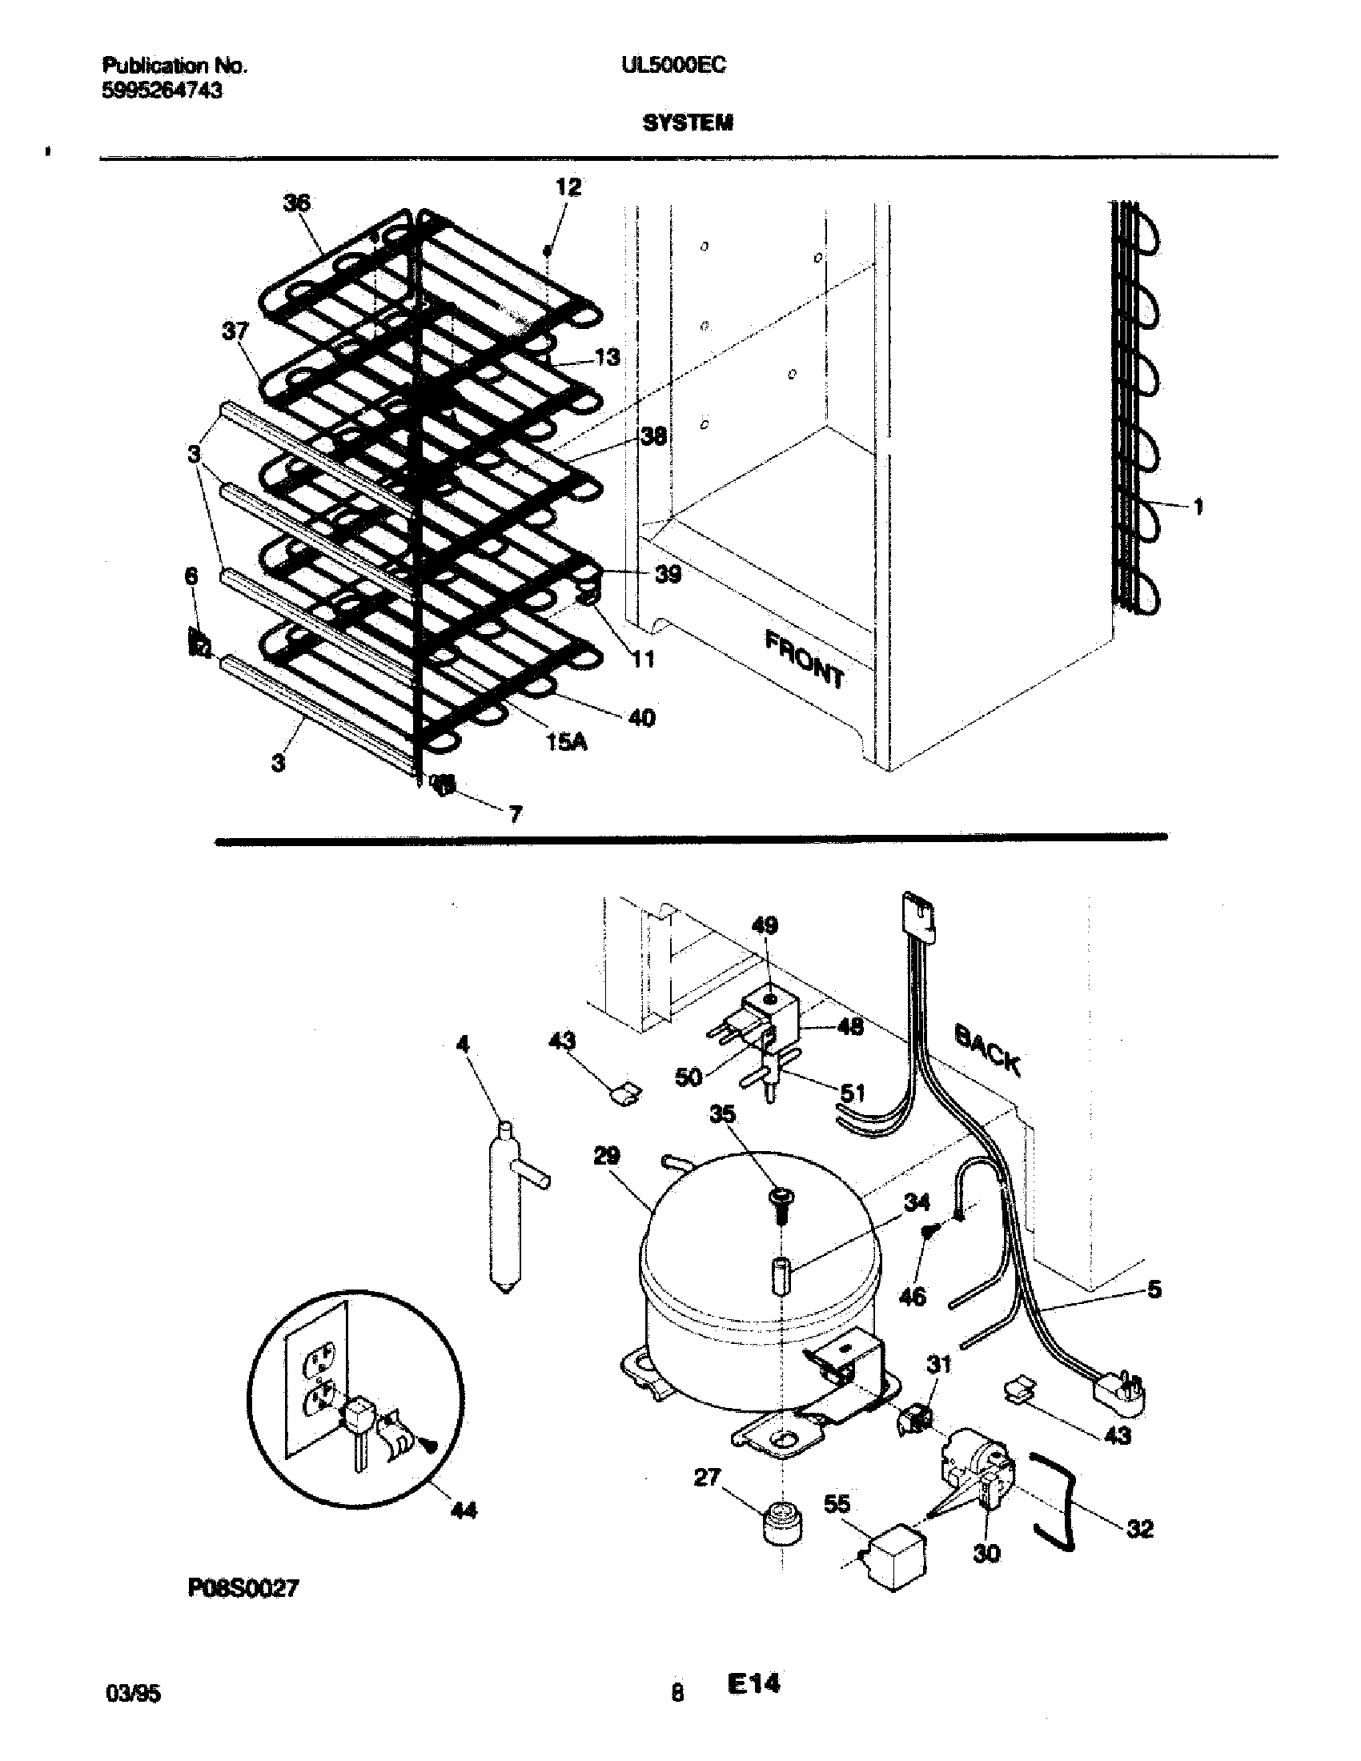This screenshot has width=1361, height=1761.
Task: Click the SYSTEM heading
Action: (688, 123)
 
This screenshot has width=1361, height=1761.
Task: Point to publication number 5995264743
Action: (162, 91)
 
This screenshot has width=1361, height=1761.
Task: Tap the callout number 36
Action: (296, 203)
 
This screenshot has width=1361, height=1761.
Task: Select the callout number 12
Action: (568, 188)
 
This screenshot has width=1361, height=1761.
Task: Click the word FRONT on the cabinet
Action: (804, 660)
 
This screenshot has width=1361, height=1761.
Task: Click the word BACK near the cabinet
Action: (987, 1051)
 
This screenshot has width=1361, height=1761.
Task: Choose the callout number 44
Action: (463, 1510)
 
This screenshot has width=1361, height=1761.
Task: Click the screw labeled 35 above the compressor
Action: (781, 1201)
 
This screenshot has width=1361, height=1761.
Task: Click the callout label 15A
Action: (566, 742)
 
